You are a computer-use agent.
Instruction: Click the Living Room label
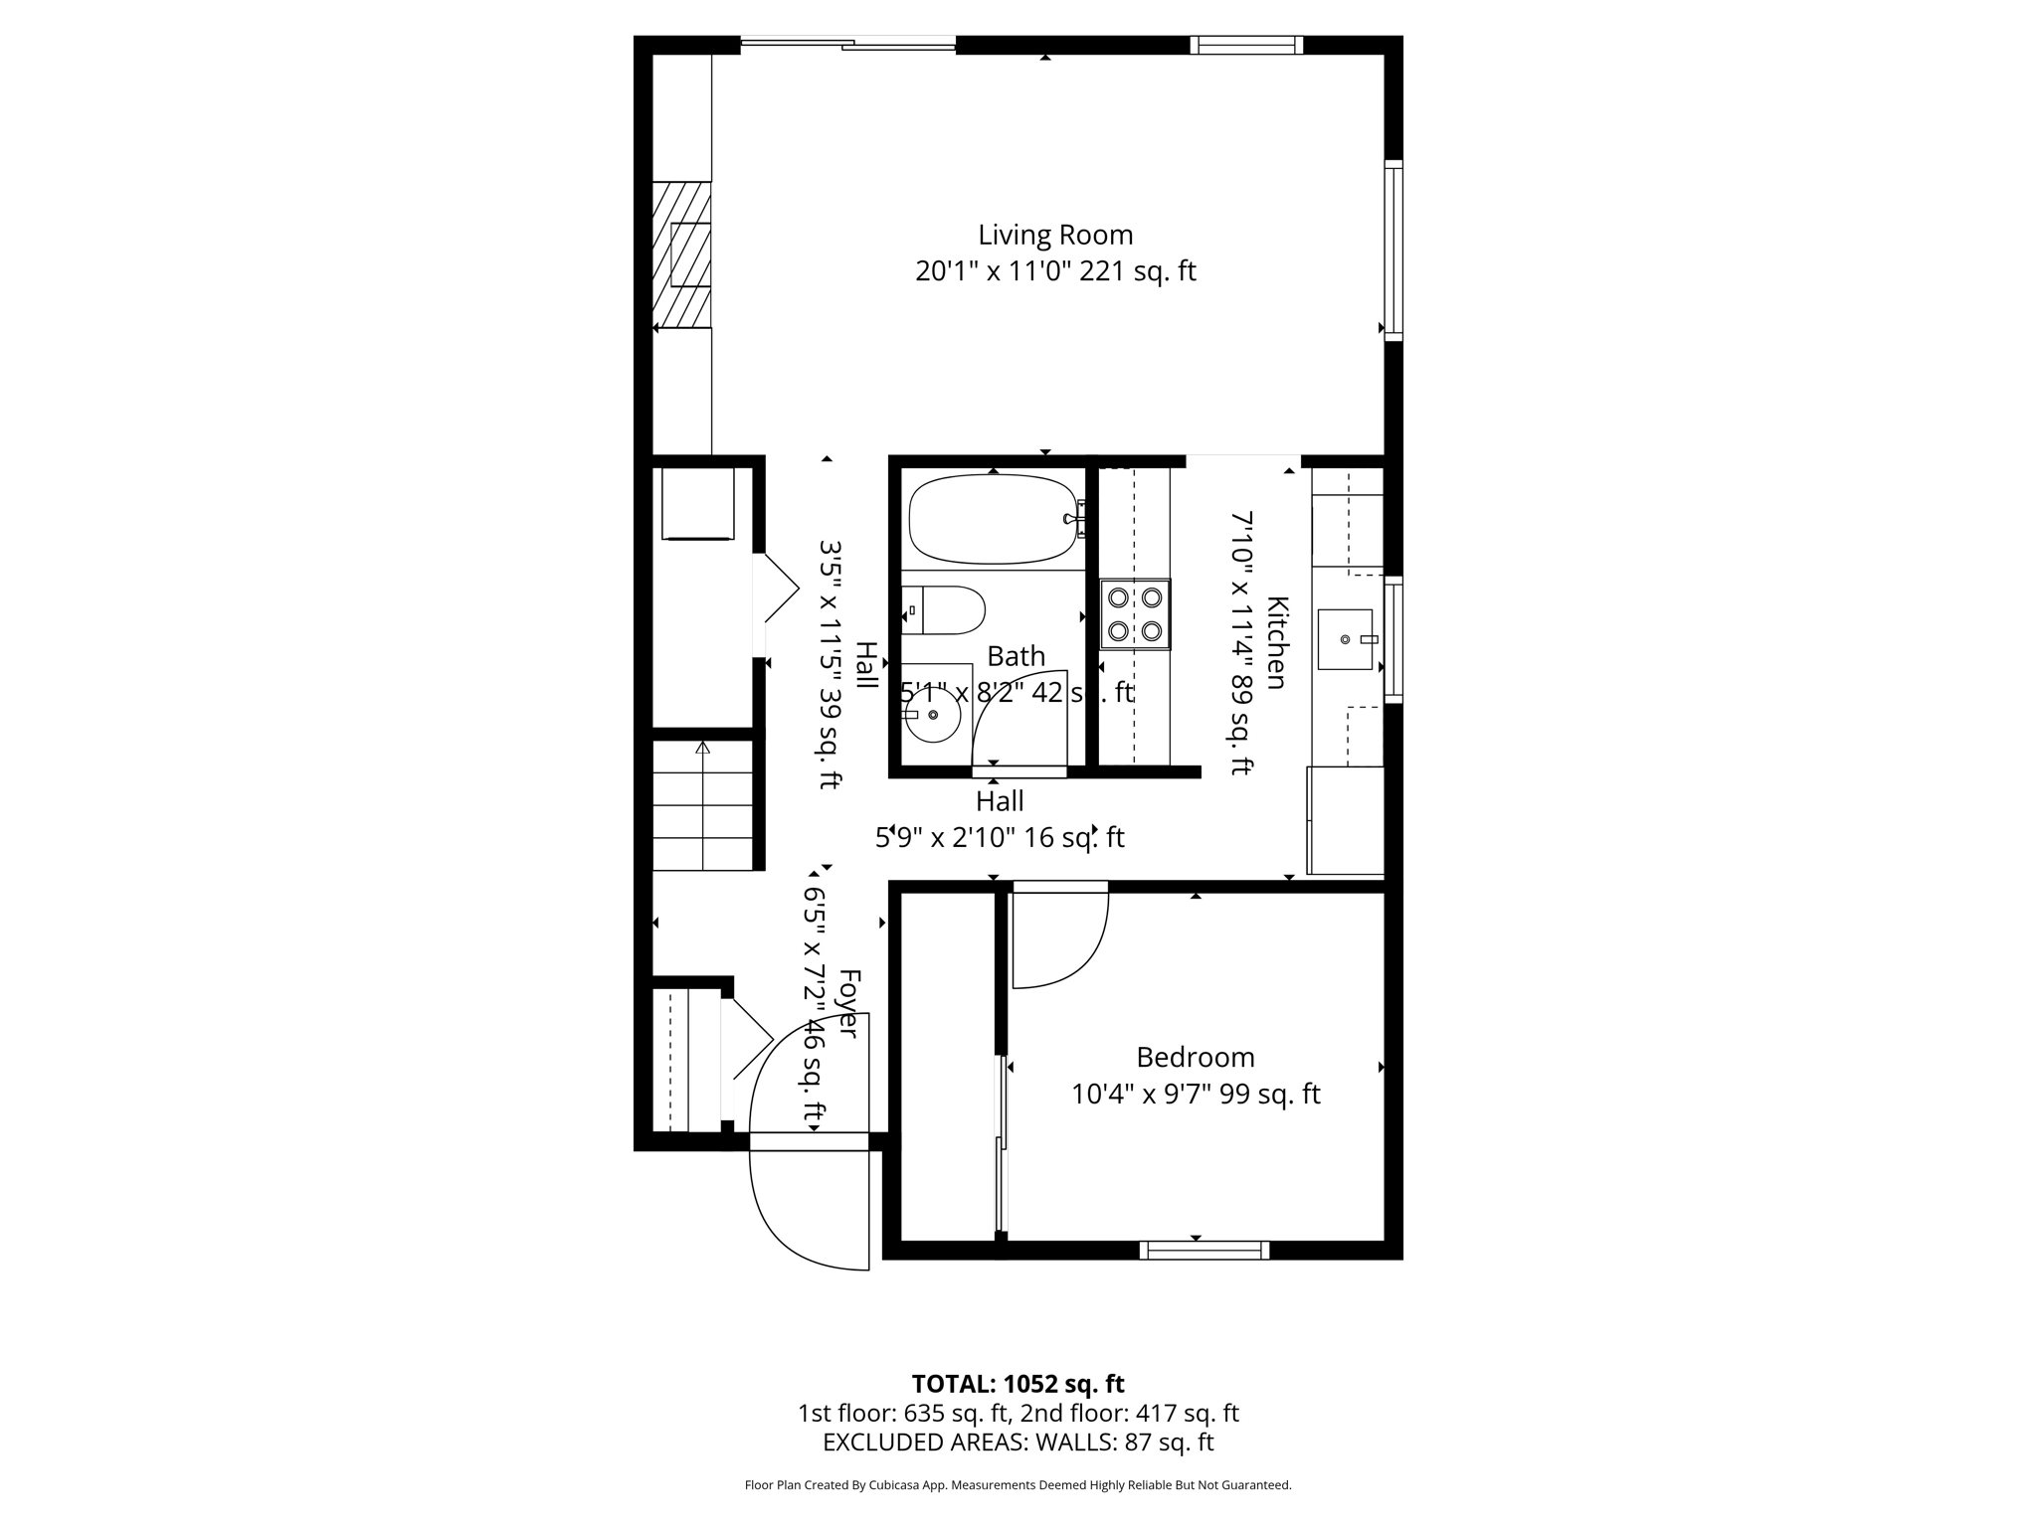pos(1055,235)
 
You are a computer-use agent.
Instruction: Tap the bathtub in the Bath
pos(994,519)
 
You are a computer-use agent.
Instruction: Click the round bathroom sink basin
pos(933,715)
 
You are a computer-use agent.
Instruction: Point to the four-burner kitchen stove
pos(1135,613)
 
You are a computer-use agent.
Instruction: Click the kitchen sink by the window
pos(1345,639)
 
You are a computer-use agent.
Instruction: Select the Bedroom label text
pos(1195,1057)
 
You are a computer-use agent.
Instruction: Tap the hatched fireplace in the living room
pos(682,254)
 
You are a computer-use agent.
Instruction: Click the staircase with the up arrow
pos(703,805)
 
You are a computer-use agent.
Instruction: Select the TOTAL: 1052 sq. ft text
pos(1018,1384)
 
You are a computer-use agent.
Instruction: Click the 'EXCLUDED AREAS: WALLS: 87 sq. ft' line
pos(1018,1442)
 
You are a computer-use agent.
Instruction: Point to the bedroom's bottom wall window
pos(1204,1251)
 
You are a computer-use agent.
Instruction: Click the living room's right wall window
pos(1393,251)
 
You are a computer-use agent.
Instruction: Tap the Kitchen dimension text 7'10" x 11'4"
pos(1240,642)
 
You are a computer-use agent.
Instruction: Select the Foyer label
pos(847,1003)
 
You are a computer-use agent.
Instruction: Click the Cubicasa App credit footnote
pos(1018,1485)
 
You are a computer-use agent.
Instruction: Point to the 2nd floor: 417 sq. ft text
pos(1130,1413)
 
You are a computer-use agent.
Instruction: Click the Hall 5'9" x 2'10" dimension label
pos(999,838)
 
